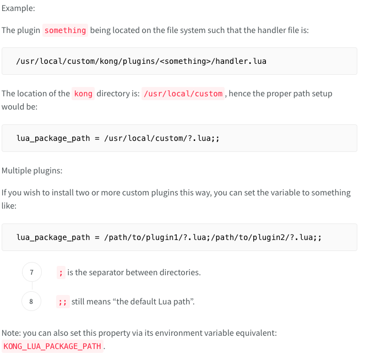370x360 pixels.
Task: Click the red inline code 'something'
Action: [65, 30]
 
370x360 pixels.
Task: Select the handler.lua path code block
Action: [142, 61]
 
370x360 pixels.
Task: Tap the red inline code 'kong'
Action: [83, 94]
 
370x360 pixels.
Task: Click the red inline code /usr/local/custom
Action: [183, 94]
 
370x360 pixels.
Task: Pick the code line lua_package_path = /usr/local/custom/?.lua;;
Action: [118, 138]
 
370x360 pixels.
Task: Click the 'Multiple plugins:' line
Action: [32, 171]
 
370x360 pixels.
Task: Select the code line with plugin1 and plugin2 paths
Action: [169, 237]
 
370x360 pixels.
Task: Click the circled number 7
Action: [31, 272]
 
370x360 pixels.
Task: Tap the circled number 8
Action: [31, 301]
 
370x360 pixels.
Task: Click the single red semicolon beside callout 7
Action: [61, 272]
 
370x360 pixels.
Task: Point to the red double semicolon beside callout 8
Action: [63, 302]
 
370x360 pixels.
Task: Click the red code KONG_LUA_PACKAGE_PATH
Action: [52, 346]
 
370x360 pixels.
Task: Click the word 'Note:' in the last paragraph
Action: [12, 333]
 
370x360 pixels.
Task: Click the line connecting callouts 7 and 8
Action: [31, 287]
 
